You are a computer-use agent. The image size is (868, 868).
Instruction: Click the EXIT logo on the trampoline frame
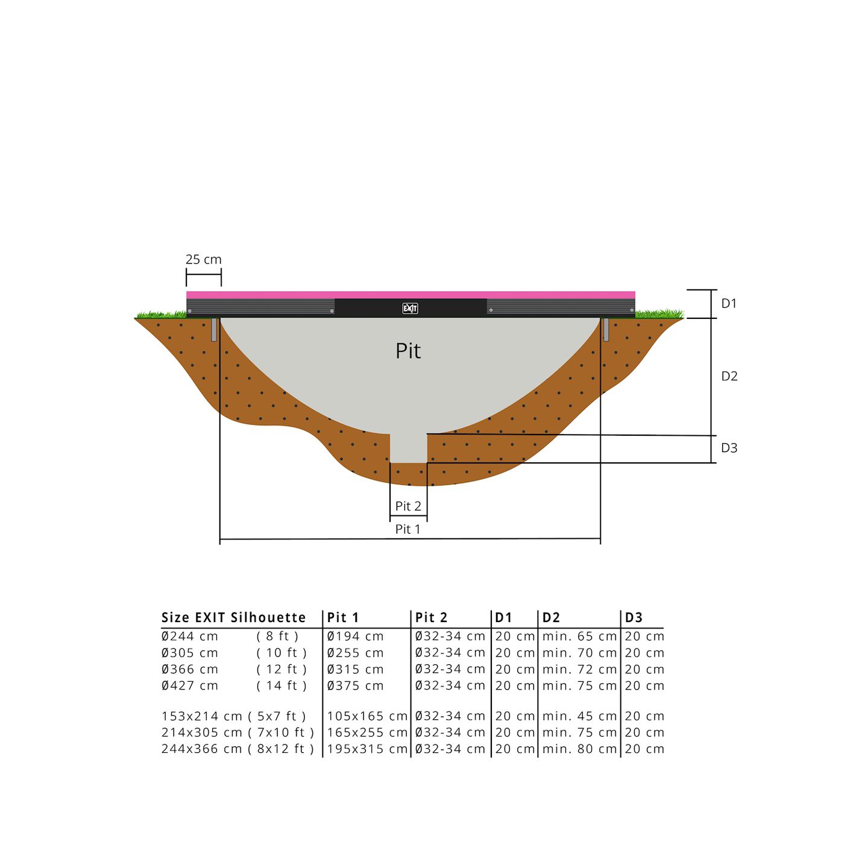[410, 309]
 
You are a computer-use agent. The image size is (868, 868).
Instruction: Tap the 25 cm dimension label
[204, 260]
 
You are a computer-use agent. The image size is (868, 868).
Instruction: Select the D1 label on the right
[729, 304]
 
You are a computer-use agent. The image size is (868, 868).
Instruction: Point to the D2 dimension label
[729, 376]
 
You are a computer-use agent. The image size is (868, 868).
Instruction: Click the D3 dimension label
[729, 448]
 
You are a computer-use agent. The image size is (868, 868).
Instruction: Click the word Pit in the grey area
[408, 351]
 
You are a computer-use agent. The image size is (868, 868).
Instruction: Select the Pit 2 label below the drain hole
[408, 506]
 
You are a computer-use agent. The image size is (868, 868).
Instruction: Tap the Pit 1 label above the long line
[408, 529]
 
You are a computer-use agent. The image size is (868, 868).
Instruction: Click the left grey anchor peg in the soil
[214, 330]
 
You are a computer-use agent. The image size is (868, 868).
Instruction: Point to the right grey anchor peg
[606, 330]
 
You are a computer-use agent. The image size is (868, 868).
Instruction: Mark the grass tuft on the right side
[660, 313]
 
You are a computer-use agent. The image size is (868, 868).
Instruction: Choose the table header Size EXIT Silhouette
[233, 618]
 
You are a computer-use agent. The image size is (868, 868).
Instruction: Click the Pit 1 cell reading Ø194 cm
[355, 637]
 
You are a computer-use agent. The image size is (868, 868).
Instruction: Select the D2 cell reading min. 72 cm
[579, 670]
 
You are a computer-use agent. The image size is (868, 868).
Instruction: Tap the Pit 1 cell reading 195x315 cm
[367, 749]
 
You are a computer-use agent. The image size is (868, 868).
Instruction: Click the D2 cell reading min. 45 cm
[579, 717]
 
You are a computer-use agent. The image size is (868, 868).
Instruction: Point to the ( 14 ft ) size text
[281, 686]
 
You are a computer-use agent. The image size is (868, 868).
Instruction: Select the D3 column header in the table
[634, 618]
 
